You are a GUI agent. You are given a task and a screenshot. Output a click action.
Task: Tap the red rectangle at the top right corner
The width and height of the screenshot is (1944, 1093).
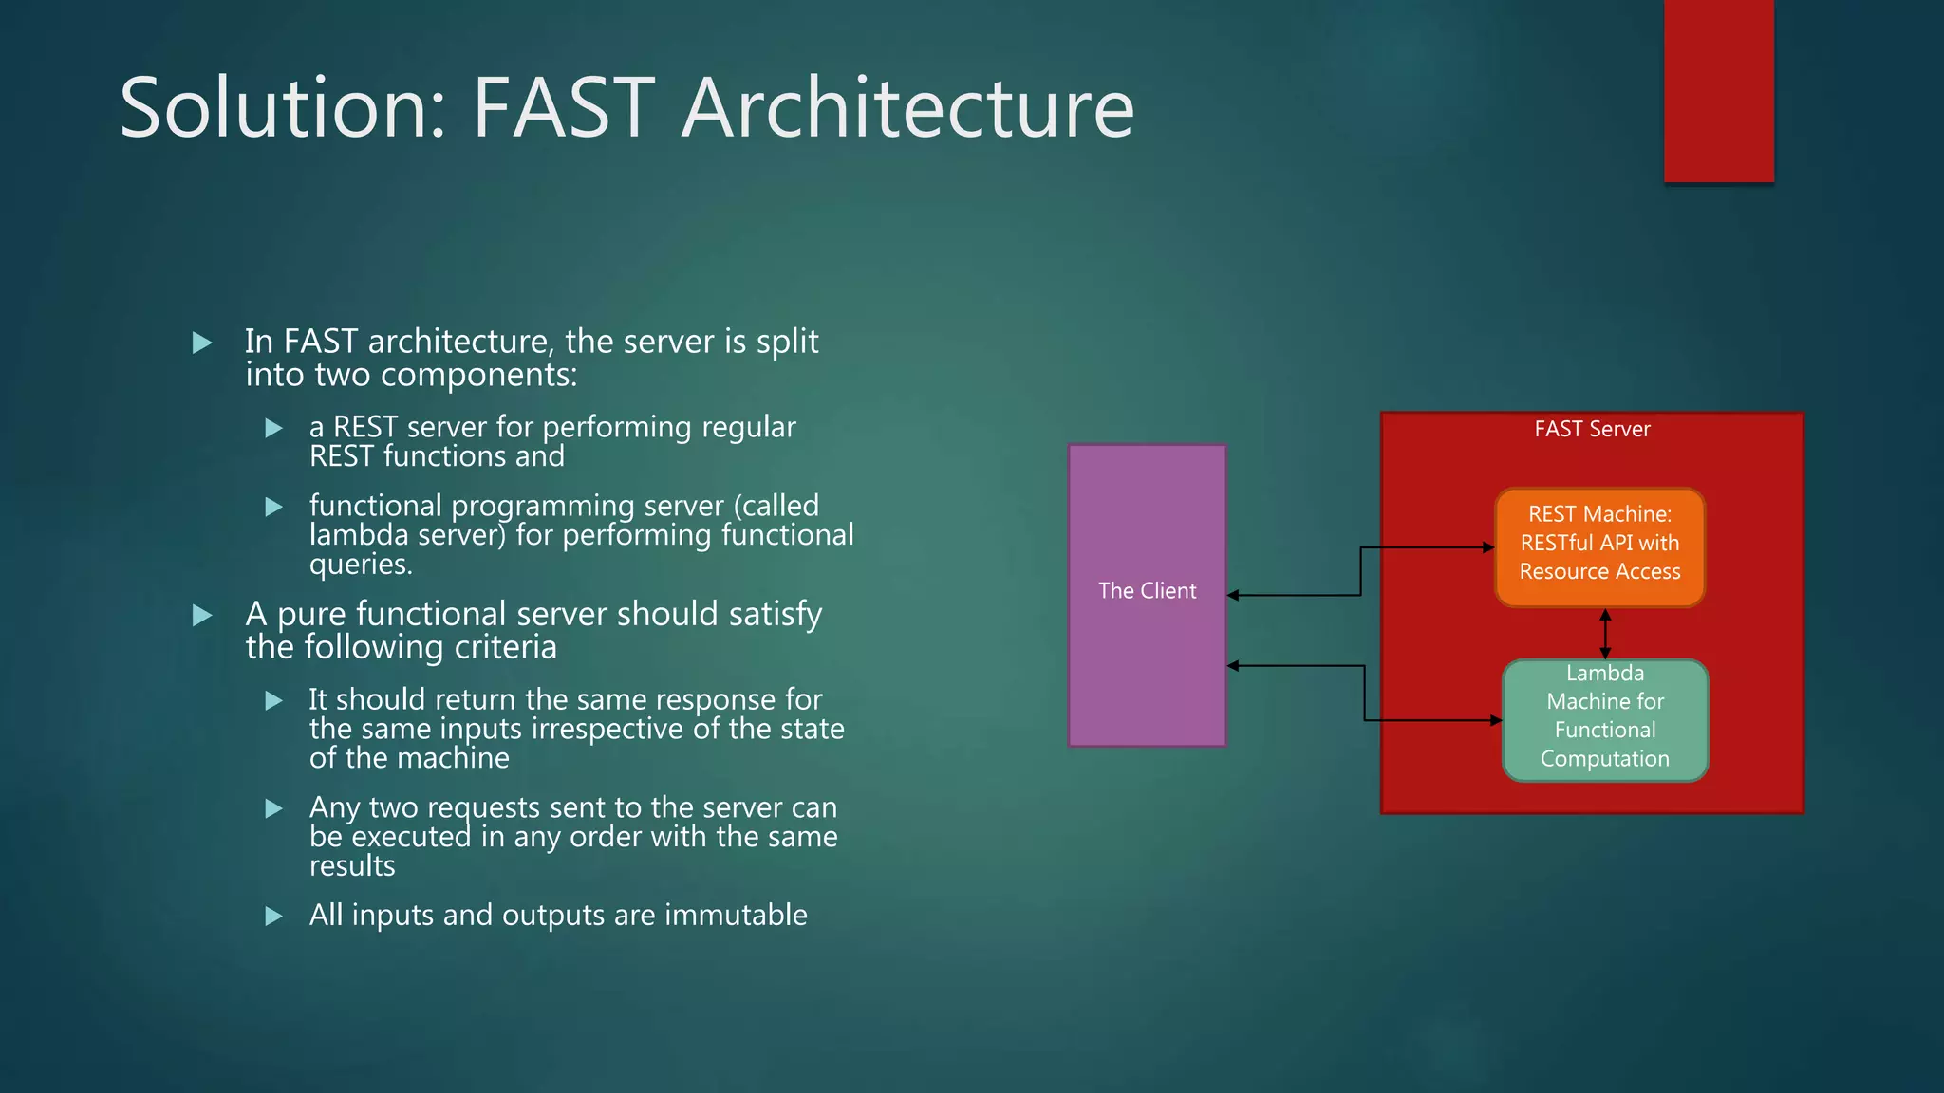[1718, 91]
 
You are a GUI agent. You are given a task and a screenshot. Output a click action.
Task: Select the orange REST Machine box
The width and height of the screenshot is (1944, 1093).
[1599, 546]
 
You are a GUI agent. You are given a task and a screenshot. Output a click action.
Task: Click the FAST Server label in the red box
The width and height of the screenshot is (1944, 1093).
[1592, 429]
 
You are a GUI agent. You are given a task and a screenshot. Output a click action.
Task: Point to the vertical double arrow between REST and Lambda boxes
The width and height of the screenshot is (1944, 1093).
[1605, 634]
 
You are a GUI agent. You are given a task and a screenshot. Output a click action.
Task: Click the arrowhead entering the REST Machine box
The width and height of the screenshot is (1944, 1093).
[1489, 547]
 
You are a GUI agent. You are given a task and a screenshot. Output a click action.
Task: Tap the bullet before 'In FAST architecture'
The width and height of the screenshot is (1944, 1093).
[202, 343]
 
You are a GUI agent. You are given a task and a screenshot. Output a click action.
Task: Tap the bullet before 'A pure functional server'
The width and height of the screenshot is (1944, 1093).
[202, 616]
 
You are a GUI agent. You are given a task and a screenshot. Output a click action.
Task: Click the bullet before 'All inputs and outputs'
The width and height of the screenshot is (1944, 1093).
[273, 917]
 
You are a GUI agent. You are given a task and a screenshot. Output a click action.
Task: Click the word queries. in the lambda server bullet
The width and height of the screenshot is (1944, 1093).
[361, 565]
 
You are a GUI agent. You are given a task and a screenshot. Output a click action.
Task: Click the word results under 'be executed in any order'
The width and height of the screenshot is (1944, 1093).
[351, 866]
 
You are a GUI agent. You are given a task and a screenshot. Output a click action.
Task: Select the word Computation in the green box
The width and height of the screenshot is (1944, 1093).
[1604, 759]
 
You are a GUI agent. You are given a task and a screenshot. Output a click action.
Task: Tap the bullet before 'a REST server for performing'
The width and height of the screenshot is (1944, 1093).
[273, 429]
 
